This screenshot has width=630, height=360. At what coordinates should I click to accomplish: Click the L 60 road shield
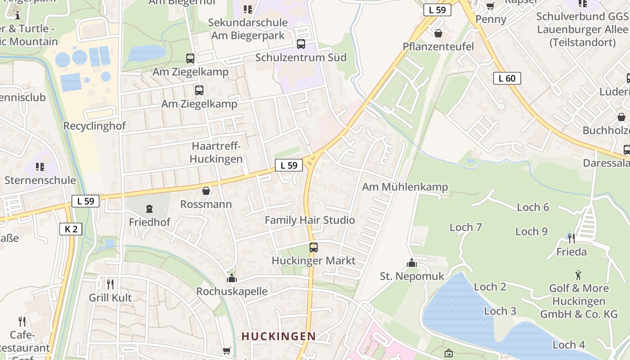(507, 78)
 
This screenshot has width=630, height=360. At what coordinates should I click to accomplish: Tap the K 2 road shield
(71, 229)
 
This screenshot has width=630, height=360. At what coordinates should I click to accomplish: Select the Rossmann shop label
(206, 204)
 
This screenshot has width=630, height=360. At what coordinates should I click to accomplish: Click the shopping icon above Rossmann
(206, 191)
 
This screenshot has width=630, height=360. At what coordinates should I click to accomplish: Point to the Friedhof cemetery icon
(149, 209)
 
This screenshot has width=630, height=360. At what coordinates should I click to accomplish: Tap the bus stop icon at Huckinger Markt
(314, 247)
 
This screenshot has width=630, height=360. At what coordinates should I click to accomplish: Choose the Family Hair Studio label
(310, 220)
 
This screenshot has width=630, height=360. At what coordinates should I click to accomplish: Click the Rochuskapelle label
(232, 291)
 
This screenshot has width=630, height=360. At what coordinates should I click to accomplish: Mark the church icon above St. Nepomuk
(411, 263)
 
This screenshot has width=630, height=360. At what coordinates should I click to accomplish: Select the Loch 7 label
(466, 227)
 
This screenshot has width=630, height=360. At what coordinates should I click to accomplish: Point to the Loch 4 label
(569, 345)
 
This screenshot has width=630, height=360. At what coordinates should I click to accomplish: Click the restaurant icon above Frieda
(571, 238)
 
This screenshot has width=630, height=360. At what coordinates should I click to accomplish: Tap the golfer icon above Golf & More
(578, 274)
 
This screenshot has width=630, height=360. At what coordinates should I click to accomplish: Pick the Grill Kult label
(110, 297)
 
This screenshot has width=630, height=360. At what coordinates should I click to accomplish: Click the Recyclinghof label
(94, 126)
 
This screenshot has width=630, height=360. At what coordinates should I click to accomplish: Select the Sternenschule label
(40, 180)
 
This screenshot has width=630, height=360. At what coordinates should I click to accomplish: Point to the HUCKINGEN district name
(279, 336)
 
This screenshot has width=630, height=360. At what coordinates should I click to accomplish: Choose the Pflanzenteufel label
(438, 46)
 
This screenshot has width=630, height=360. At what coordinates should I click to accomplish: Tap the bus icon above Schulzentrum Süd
(301, 44)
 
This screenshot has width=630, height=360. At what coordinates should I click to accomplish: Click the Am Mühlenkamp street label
(405, 187)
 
